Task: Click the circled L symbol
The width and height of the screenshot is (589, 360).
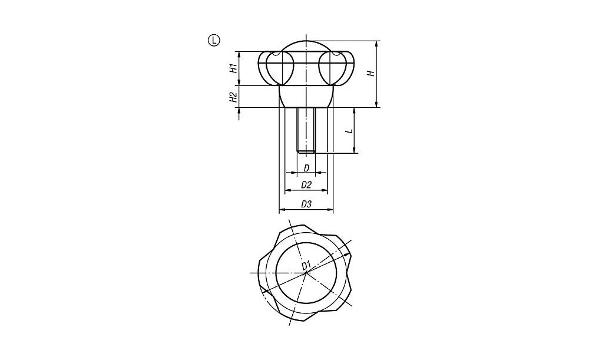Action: tap(214, 40)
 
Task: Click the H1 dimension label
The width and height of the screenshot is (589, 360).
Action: tap(233, 68)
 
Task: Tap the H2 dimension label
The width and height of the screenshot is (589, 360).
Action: tap(233, 97)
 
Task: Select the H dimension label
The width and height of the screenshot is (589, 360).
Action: tap(372, 73)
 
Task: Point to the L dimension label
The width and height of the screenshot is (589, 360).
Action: tap(349, 131)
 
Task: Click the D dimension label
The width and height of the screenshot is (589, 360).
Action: tap(306, 168)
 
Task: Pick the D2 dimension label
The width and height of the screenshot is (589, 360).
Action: tap(306, 185)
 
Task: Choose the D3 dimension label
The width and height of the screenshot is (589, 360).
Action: tap(306, 204)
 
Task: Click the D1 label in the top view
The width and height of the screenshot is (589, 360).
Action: tap(306, 265)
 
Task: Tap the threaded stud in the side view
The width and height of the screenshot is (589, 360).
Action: tap(306, 130)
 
